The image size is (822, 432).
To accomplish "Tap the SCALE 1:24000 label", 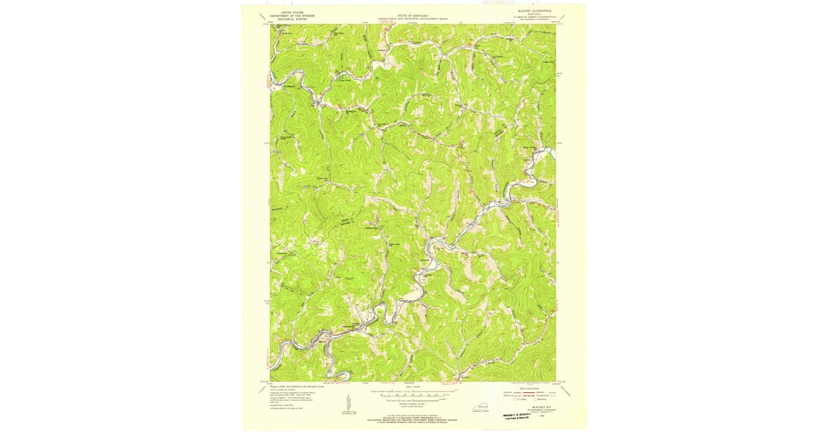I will (410, 387).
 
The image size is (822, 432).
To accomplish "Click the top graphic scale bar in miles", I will (410, 392).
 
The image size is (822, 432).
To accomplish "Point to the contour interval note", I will (410, 405).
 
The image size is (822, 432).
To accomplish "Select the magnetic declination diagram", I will (348, 405).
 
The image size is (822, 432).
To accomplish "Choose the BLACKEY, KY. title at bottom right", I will (532, 406).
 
